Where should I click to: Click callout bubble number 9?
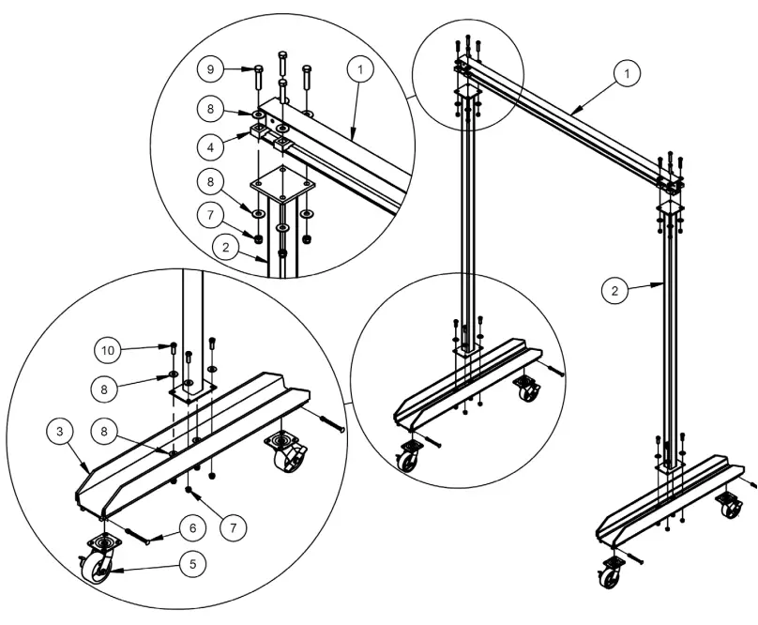211,69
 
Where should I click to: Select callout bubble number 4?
211,146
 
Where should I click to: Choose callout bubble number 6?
192,528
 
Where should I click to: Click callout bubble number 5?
192,566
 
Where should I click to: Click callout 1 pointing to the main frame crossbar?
627,72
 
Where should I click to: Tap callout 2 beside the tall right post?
614,290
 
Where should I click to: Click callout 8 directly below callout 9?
211,108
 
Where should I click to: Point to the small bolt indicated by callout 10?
174,349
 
